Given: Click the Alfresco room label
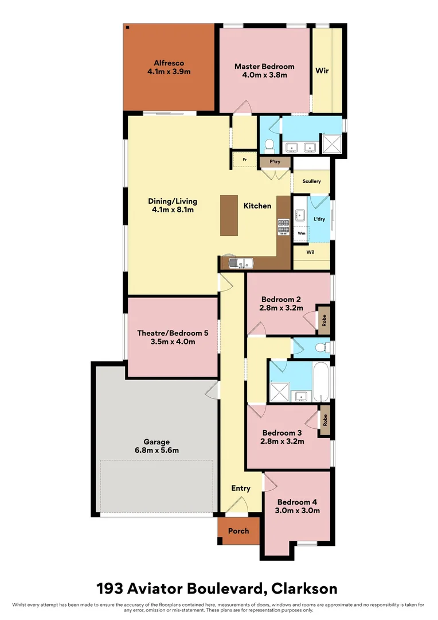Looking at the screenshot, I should coord(169,67).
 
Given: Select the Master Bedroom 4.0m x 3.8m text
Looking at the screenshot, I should coord(264,71).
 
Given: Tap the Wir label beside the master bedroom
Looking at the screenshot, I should coord(322,71).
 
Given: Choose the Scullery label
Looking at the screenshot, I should coord(311,181).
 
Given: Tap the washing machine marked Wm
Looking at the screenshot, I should coord(301,234).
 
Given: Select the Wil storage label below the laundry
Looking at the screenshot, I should coord(310,251).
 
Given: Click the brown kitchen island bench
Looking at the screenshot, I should coord(229,215).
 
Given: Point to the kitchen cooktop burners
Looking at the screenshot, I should coord(283,227).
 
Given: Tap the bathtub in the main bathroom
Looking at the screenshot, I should coord(322,381).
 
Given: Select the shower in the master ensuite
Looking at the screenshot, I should coord(331,143).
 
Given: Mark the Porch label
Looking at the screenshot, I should coord(238,530).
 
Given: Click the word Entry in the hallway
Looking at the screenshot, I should coord(241,488).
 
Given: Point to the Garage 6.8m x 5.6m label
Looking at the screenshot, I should coord(157,446).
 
